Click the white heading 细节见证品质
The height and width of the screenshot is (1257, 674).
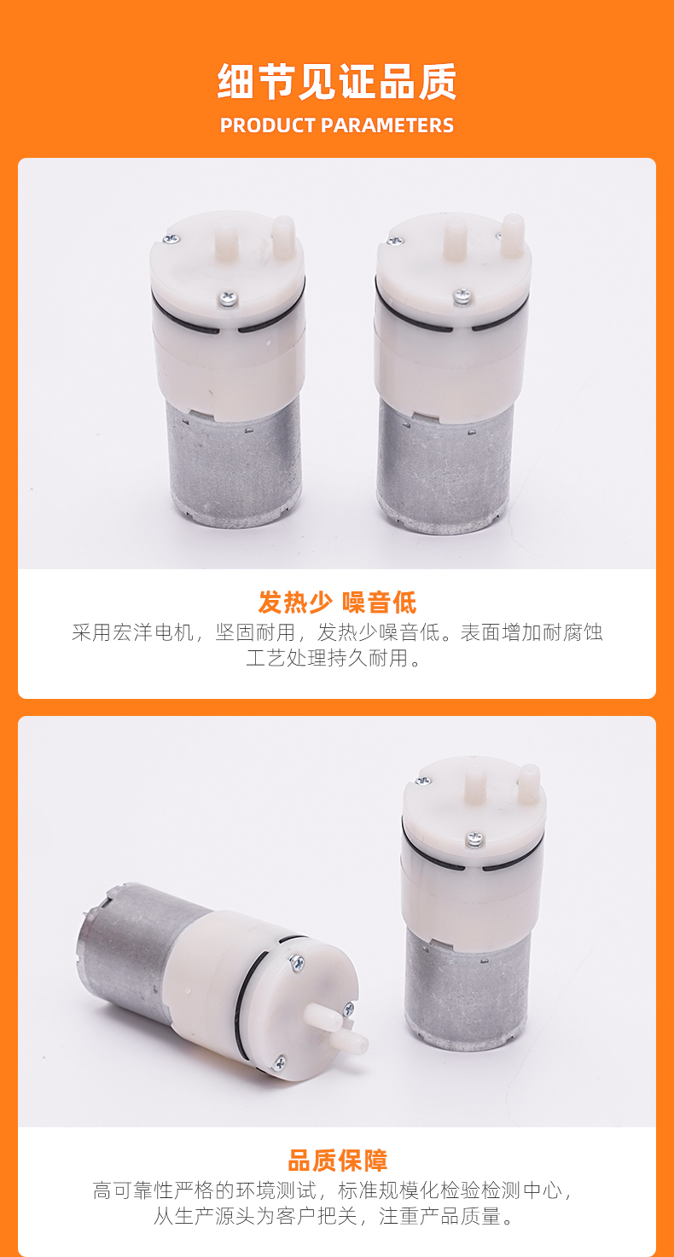point(337,82)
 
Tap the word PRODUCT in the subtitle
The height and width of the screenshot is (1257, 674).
point(268,125)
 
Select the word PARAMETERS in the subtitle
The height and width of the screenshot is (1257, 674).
point(387,125)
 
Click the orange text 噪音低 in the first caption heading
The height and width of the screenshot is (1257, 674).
point(380,602)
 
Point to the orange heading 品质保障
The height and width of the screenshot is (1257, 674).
point(337,1161)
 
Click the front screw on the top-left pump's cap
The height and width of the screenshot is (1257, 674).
point(228,299)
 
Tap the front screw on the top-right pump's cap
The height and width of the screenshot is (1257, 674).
point(461,296)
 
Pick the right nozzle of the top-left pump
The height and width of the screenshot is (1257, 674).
point(283,235)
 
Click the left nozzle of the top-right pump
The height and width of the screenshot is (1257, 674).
point(455,240)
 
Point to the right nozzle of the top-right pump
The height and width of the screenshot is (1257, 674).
point(513,235)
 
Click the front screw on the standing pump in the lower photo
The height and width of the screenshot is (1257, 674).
point(474,839)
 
